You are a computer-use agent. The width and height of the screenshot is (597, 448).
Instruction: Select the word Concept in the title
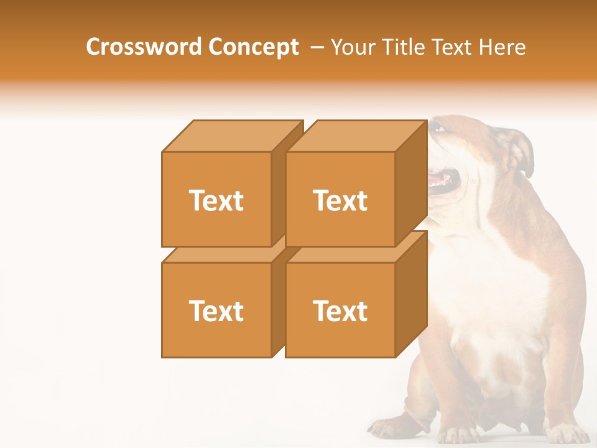click(254, 47)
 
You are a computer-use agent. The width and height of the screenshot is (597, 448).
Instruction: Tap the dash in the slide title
click(317, 47)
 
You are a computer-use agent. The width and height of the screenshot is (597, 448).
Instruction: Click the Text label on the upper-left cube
click(216, 200)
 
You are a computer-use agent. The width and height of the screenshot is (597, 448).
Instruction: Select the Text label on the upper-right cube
click(340, 200)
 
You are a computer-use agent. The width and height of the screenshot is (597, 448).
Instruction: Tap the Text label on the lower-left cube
click(216, 310)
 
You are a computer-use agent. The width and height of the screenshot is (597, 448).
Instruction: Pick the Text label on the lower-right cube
click(340, 310)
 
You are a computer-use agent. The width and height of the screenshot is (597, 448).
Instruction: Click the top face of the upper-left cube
click(231, 136)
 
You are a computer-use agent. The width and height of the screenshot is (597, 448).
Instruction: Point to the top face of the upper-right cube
click(356, 136)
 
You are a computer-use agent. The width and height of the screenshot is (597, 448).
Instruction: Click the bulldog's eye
click(440, 129)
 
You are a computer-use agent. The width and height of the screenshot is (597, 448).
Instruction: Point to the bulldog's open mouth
click(445, 182)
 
